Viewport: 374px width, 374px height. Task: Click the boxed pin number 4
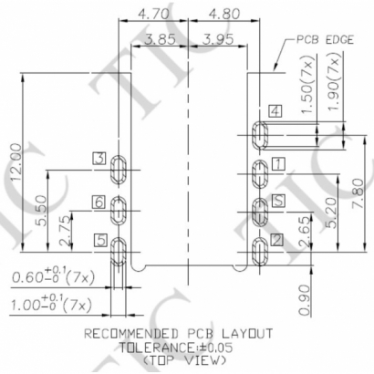[x=275, y=111]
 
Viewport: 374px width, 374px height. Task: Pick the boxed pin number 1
[x=277, y=164]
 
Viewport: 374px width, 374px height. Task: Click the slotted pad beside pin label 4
[x=259, y=137]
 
